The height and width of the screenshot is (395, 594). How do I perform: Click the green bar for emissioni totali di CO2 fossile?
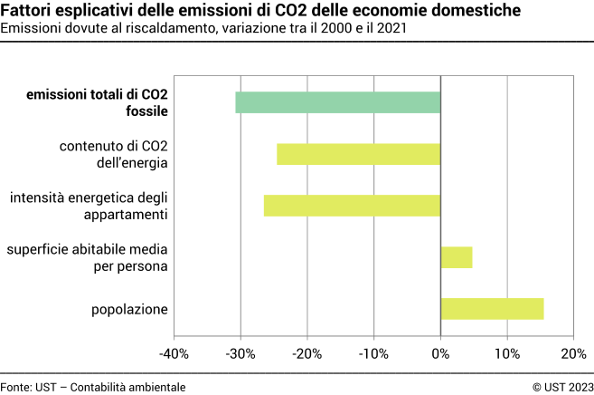[338, 102]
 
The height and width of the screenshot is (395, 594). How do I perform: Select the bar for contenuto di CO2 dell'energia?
[359, 154]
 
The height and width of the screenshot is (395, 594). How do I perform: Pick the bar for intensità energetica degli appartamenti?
[352, 206]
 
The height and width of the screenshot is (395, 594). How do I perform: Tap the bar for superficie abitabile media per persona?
[457, 257]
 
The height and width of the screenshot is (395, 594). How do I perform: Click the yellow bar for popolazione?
[492, 309]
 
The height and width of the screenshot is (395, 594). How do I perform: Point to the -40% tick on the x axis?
[174, 353]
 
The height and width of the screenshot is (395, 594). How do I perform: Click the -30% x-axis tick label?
[240, 353]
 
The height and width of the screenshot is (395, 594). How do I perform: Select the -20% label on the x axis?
[306, 353]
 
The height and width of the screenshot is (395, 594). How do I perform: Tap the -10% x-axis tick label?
[373, 353]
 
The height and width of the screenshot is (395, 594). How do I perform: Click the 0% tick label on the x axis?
[440, 353]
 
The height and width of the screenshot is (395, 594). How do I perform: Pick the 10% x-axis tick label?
[507, 353]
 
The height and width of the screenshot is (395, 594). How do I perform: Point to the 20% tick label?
[573, 353]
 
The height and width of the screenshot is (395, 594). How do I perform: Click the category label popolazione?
[129, 310]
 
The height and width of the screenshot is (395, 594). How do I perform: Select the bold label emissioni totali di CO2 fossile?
[97, 103]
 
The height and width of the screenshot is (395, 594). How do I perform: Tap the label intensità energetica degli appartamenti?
[89, 206]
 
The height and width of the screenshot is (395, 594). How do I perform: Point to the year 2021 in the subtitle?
[389, 28]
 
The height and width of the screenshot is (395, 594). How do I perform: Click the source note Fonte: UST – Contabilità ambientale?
[93, 387]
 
